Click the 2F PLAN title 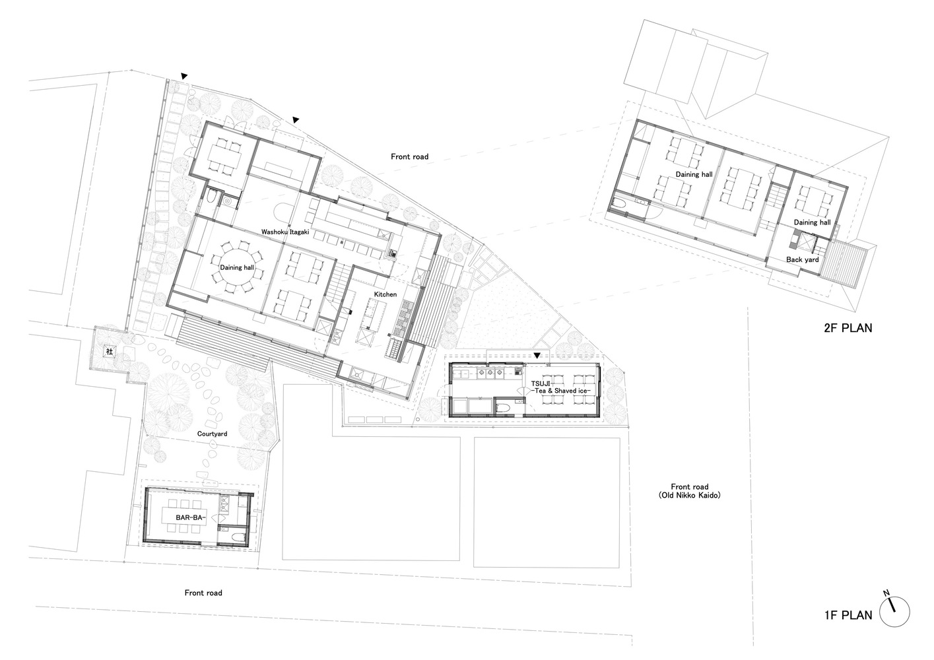click(848, 328)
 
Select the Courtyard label click(213, 434)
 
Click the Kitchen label click(385, 294)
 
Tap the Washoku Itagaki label click(285, 232)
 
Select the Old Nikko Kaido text click(690, 495)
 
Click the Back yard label click(802, 259)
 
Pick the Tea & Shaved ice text click(561, 391)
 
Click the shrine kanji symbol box click(110, 352)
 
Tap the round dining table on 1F click(236, 268)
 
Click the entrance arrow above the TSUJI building click(537, 356)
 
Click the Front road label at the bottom click(203, 593)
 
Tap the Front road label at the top click(409, 156)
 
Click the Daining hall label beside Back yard click(812, 222)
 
